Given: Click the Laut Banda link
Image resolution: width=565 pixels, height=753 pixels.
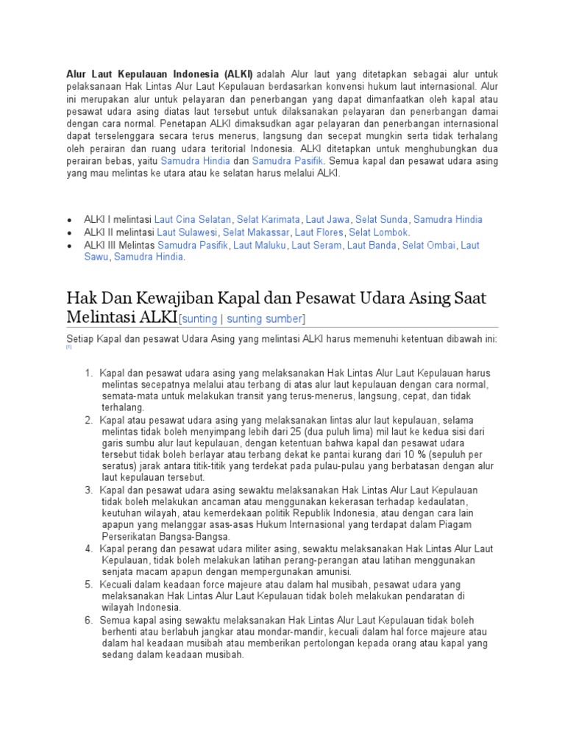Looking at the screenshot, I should click(x=372, y=246).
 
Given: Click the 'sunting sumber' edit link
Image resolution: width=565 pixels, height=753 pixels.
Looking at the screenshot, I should click(x=264, y=318).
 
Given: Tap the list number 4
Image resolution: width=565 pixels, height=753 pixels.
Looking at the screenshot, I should click(x=88, y=549).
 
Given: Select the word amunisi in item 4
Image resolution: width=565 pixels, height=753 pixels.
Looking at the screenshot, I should click(x=332, y=571).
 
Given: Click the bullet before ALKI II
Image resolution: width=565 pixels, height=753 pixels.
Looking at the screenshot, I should click(x=69, y=233).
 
